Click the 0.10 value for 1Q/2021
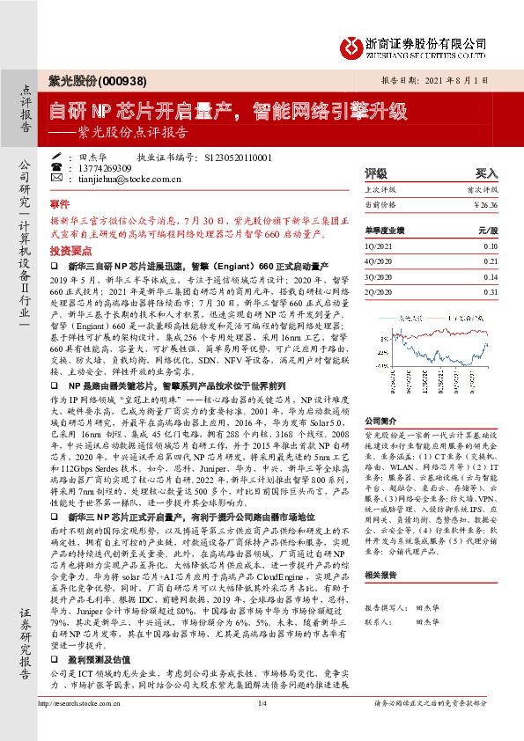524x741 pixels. coord(491,246)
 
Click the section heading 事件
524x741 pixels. coord(59,202)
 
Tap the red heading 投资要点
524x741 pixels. coord(67,251)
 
